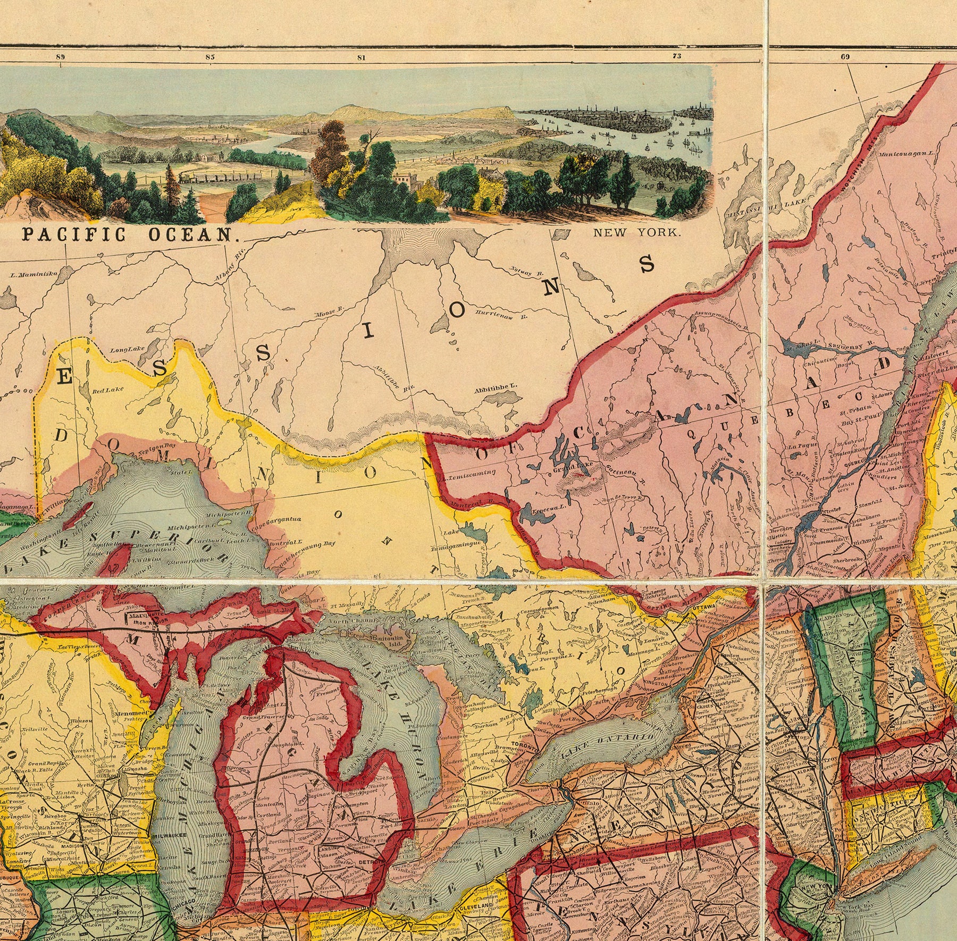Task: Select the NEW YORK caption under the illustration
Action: point(636,232)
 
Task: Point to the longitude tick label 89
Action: point(60,56)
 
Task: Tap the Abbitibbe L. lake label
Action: point(495,391)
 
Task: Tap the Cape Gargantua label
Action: point(277,520)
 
